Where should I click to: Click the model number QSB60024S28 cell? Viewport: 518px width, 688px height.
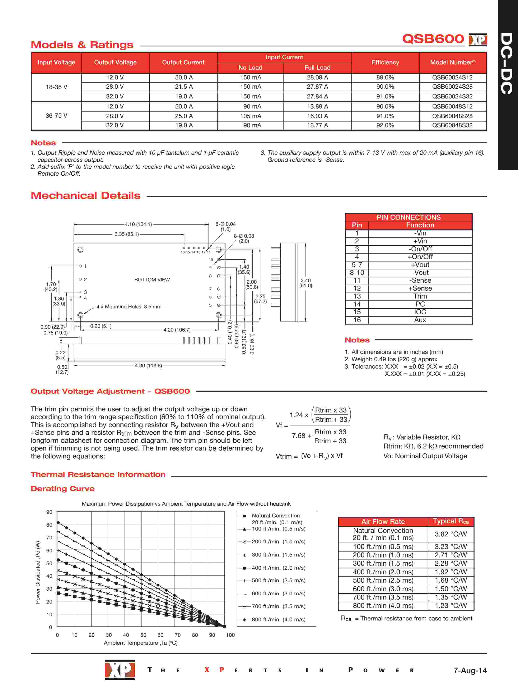click(452, 87)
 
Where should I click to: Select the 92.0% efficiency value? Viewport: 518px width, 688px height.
click(385, 125)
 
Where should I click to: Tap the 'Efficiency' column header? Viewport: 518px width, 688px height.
click(385, 62)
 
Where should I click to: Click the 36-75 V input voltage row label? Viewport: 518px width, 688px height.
click(56, 116)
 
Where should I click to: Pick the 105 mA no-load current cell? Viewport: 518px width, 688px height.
click(250, 116)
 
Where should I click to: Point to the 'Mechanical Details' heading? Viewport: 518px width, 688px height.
click(85, 196)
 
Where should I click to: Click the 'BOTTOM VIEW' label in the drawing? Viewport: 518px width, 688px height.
click(152, 280)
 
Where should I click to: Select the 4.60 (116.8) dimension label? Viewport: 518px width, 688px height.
click(148, 365)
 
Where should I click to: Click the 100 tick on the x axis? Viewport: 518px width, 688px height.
click(230, 635)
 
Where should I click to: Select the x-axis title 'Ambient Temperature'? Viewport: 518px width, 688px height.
click(141, 643)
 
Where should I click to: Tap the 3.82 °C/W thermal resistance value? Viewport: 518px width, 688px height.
click(451, 534)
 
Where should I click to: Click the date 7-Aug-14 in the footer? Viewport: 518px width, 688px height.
click(470, 670)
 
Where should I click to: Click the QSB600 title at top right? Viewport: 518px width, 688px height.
click(433, 39)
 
